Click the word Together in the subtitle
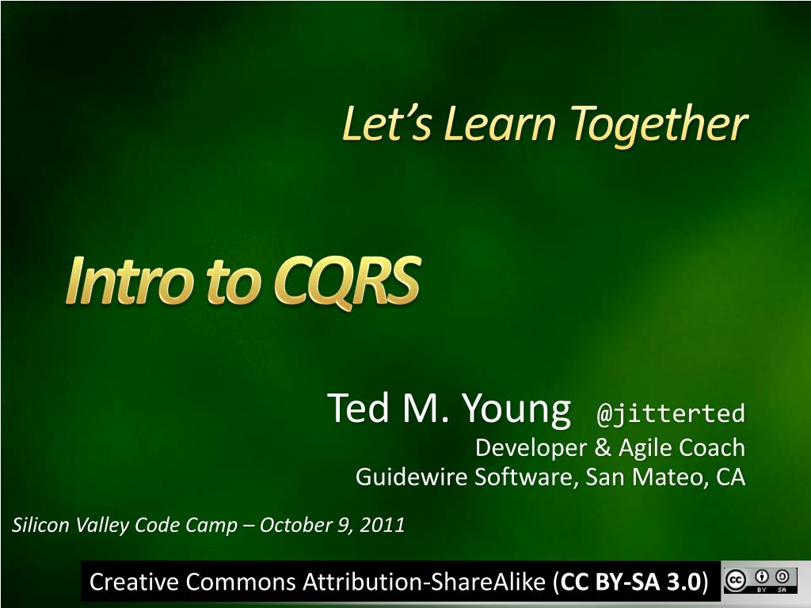coord(659,125)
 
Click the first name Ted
coord(358,408)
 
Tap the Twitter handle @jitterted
coord(671,413)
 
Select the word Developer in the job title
coord(531,448)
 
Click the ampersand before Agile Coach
coord(603,448)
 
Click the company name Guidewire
coord(411,477)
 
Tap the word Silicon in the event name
coord(40,525)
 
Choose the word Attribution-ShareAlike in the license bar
coord(425,582)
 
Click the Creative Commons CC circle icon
coord(735,580)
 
